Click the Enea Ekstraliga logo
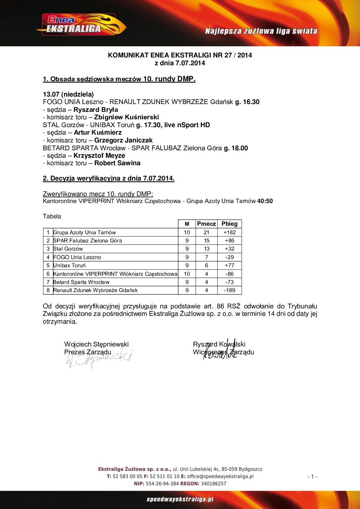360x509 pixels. pos(81,25)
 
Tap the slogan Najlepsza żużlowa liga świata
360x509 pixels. pos(261,31)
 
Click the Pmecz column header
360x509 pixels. pos(206,224)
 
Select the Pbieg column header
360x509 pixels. pos(229,224)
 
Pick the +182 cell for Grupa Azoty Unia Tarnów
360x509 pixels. pos(229,233)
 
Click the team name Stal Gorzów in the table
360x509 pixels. pos(68,249)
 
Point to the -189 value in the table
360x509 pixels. pos(229,290)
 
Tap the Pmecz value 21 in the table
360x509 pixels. pos(207,233)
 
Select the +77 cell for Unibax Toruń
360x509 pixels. pos(229,266)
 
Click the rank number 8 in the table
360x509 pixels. pos(48,290)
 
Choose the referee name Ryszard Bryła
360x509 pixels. pos(96,109)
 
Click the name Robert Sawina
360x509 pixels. pos(117,163)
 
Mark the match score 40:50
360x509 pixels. pos(265,201)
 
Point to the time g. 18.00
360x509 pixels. pos(236,148)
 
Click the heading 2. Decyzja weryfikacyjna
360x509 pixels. pos(109,179)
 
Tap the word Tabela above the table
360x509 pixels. pos(52,216)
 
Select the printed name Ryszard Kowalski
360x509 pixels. pos(219,344)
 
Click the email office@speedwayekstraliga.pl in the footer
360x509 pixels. pos(220,476)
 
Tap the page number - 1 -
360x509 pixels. pos(312,477)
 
